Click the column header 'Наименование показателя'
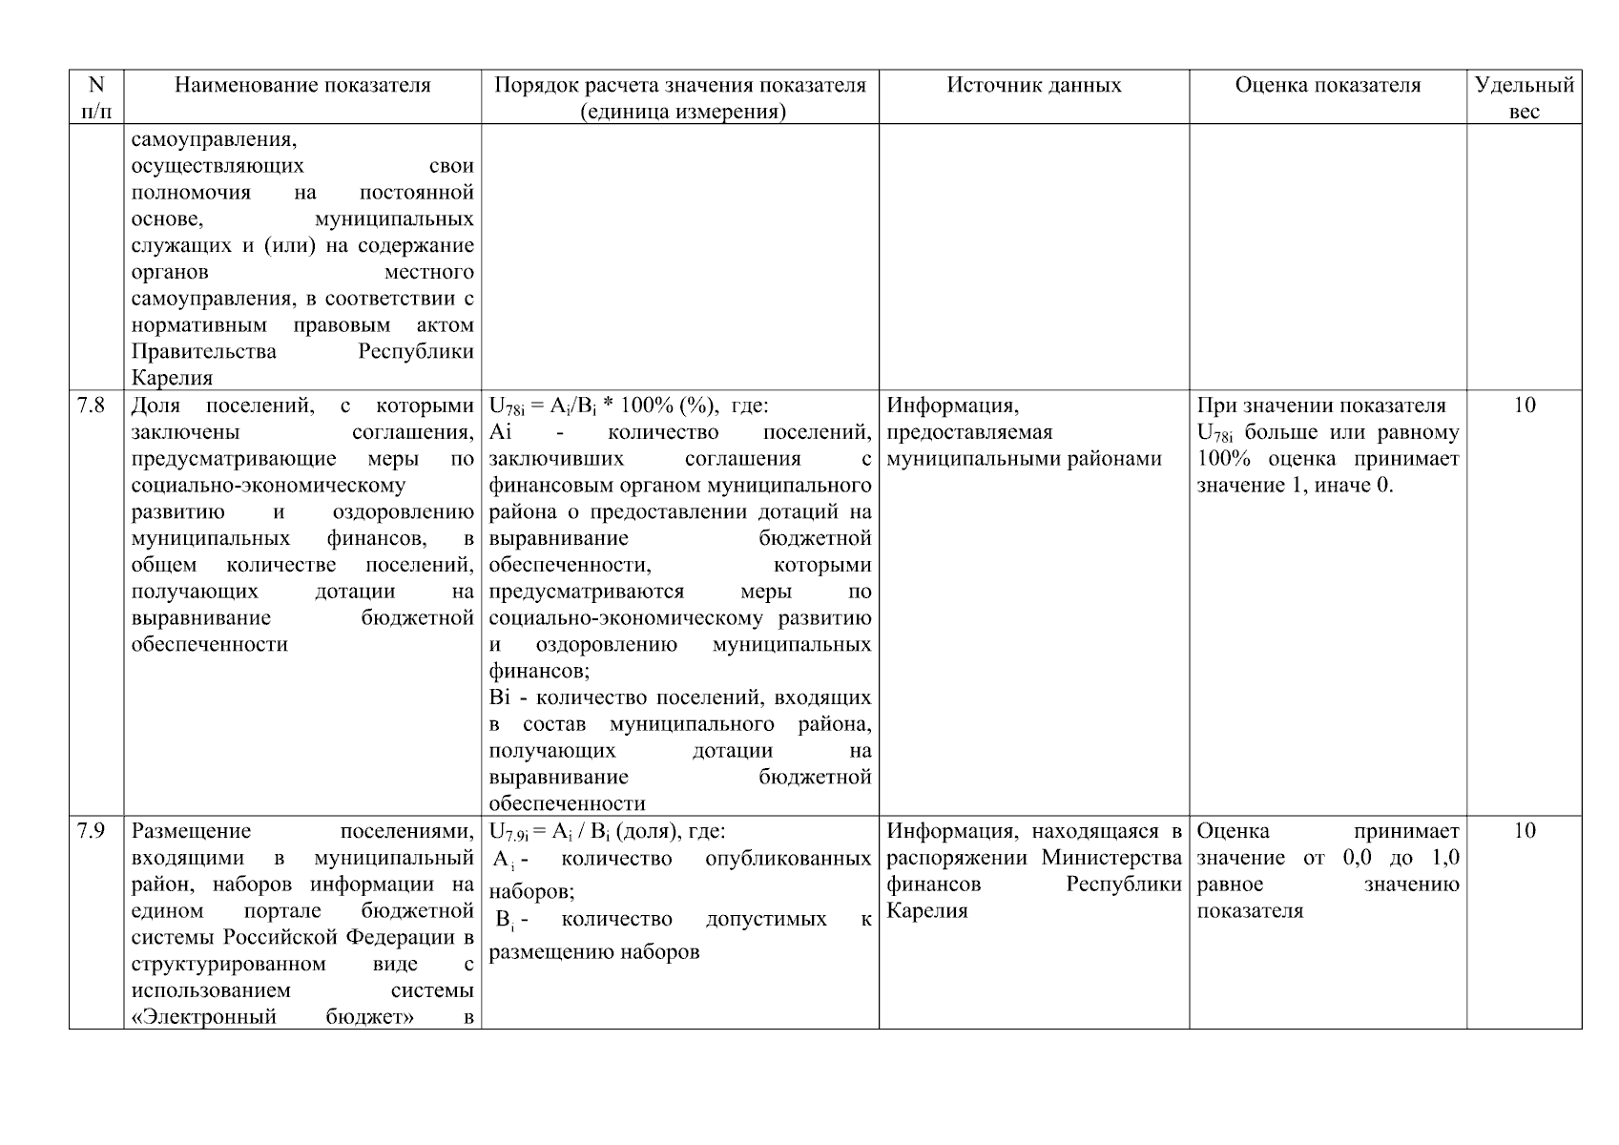[302, 86]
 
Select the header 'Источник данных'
[1033, 86]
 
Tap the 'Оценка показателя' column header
[1327, 86]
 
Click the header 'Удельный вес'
[1524, 98]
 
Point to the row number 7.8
[91, 406]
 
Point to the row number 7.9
[91, 831]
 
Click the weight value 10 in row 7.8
[1524, 406]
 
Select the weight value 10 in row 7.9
[1524, 831]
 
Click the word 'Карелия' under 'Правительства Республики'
[172, 378]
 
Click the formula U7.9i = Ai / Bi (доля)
[607, 831]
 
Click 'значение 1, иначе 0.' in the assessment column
[1295, 486]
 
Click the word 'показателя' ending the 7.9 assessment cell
[1250, 911]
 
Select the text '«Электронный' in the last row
[203, 1017]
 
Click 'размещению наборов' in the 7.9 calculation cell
[593, 952]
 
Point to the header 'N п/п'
[96, 98]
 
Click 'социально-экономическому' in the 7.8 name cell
[267, 486]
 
